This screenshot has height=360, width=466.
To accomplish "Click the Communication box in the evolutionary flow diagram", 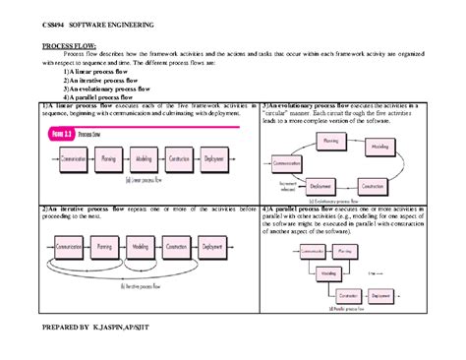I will [x=287, y=162].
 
